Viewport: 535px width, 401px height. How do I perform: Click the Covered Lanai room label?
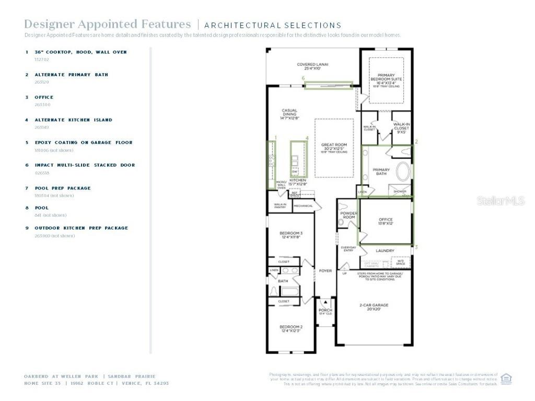point(312,67)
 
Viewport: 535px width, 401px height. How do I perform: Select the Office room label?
point(386,221)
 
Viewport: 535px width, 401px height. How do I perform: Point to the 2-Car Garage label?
point(373,306)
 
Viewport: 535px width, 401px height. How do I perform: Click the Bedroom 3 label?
point(290,235)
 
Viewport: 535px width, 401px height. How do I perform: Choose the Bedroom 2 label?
point(290,329)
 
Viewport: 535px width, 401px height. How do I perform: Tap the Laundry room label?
point(385,251)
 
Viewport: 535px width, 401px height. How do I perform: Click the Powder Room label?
point(348,216)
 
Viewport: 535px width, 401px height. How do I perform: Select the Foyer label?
point(325,271)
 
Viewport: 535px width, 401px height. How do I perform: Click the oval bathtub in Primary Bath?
point(402,172)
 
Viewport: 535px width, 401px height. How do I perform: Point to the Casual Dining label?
point(289,114)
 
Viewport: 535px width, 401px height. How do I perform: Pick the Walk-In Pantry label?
point(280,206)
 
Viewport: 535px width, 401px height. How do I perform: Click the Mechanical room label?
point(303,206)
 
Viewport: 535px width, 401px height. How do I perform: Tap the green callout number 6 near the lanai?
point(303,78)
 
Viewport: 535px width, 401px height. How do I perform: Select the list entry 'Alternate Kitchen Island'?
point(73,120)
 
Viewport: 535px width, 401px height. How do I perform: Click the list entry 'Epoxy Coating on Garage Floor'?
point(84,142)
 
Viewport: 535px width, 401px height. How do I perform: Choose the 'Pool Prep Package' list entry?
point(63,188)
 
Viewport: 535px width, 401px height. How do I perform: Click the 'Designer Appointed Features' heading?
point(108,24)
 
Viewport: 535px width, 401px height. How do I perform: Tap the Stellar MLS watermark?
point(500,200)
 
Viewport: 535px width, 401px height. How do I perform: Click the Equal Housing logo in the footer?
point(506,379)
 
